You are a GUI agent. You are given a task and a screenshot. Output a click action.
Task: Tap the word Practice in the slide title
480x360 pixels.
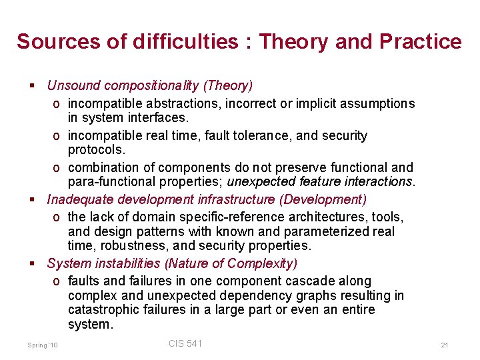click(421, 41)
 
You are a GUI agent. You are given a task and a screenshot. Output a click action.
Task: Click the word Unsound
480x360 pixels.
click(73, 85)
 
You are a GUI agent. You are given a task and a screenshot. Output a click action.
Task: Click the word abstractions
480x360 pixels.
click(178, 103)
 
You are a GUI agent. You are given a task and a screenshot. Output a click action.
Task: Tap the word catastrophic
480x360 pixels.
click(101, 310)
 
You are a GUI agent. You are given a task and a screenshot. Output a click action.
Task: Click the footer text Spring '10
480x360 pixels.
click(43, 345)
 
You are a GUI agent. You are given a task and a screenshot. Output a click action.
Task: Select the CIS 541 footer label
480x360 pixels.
click(185, 343)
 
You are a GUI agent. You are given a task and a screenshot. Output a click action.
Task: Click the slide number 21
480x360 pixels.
click(444, 345)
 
